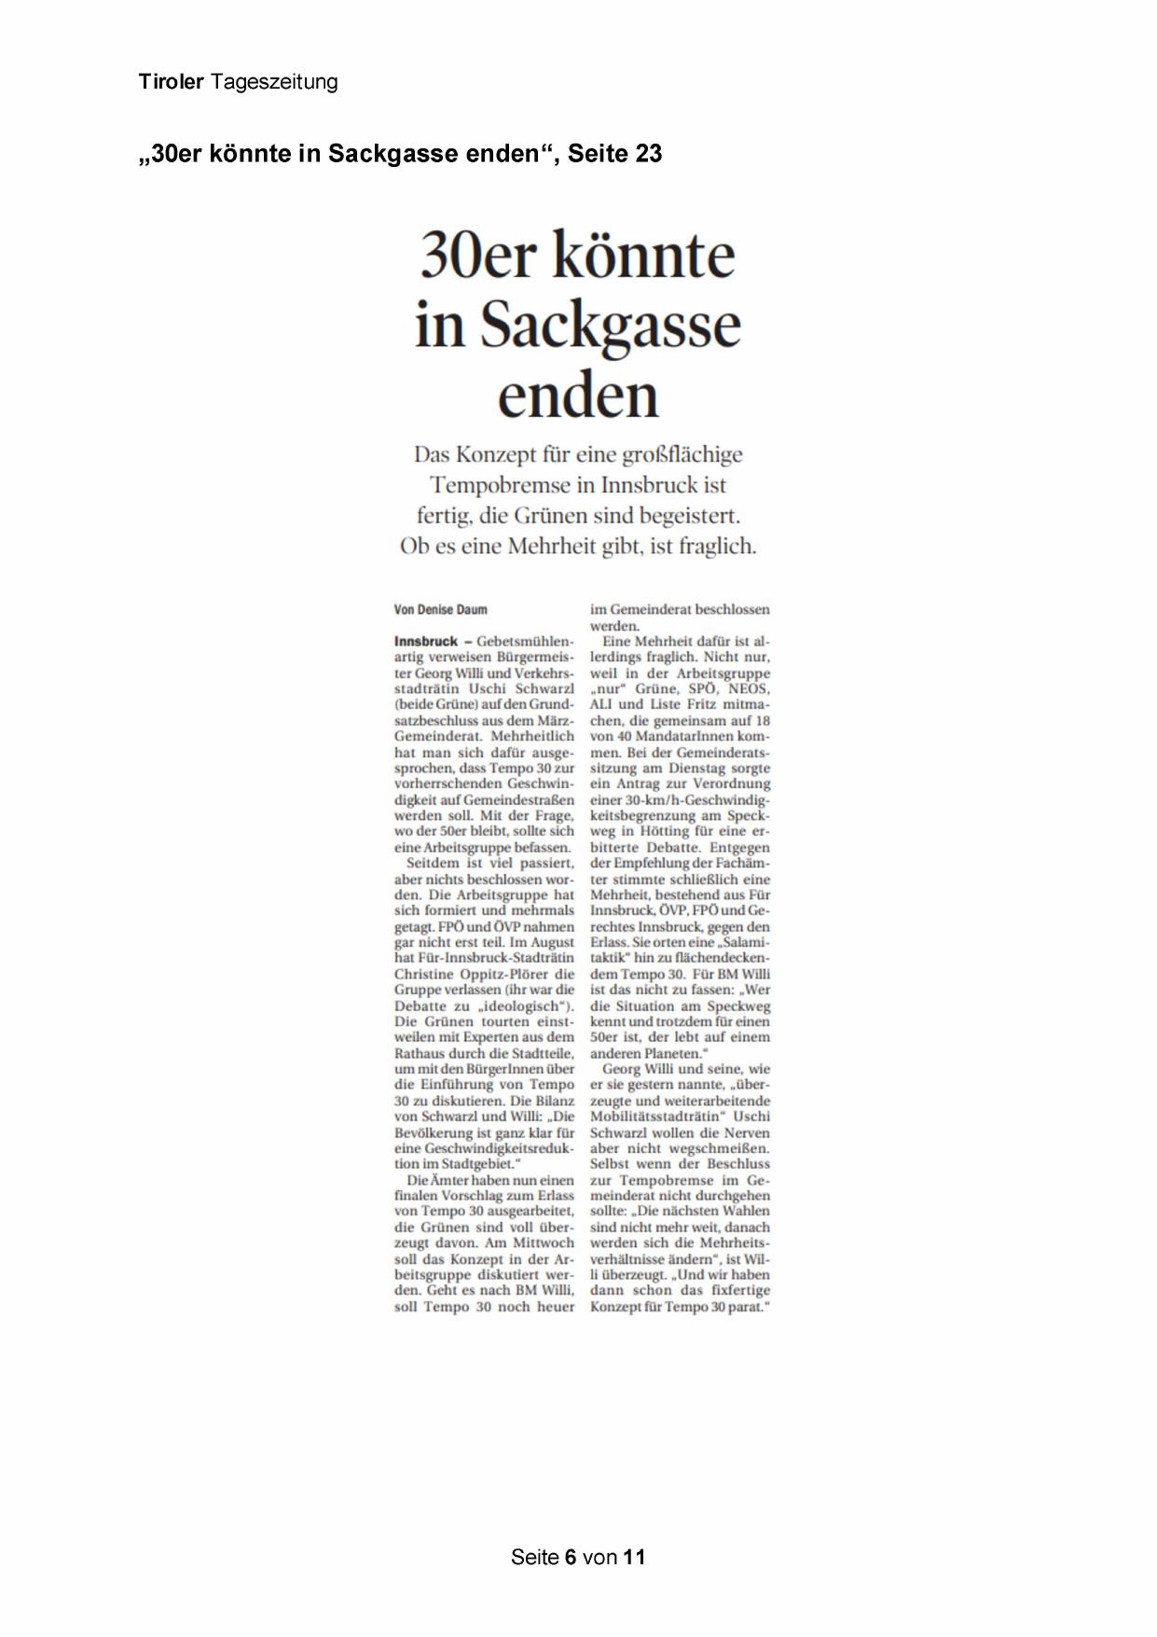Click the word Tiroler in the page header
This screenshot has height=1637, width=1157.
tap(172, 82)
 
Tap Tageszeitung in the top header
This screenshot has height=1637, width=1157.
tap(274, 82)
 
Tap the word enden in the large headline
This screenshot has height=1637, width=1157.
tap(578, 395)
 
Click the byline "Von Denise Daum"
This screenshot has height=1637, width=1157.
tap(440, 610)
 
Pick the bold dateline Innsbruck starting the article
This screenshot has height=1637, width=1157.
tap(426, 642)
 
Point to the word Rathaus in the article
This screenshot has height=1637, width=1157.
tap(421, 1053)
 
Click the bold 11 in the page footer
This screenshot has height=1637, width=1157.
tap(635, 1557)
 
